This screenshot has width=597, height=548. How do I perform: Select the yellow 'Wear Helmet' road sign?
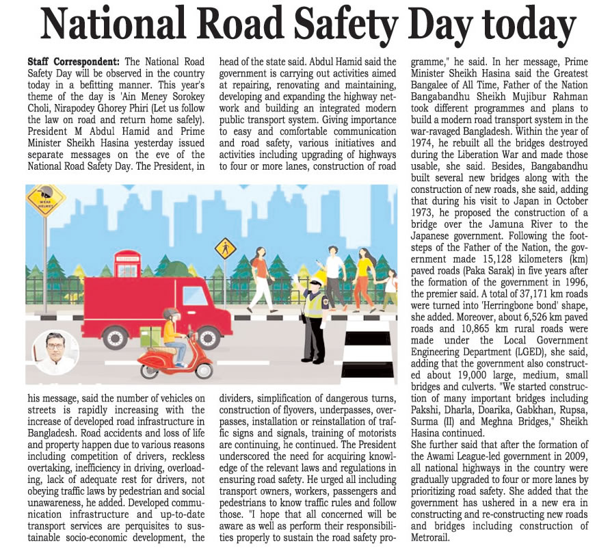pyautogui.click(x=45, y=200)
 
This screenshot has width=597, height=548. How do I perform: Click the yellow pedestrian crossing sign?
pyautogui.click(x=224, y=248)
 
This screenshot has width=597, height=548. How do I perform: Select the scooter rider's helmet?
pyautogui.click(x=171, y=315)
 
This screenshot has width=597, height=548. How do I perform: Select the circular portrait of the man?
pyautogui.click(x=55, y=352)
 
